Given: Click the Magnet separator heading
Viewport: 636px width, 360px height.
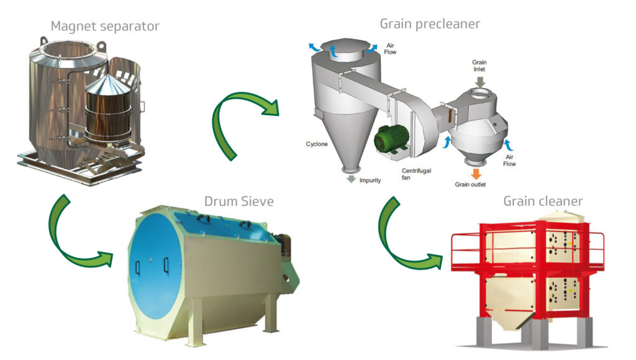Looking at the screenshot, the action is click(105, 26).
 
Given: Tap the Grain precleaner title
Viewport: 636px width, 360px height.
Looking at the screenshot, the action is click(430, 24).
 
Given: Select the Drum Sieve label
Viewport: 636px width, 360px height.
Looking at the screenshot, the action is click(239, 201).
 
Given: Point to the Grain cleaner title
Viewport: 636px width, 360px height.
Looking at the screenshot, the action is click(543, 201).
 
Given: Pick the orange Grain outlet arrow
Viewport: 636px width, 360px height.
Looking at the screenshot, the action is click(476, 174).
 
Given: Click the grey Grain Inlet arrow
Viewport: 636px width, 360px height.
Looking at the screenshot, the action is click(480, 81).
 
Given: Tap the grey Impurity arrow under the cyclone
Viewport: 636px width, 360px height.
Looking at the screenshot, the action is click(352, 179).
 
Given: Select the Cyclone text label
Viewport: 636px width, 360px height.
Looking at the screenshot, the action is click(317, 144).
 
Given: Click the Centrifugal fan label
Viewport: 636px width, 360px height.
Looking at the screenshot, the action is click(416, 174).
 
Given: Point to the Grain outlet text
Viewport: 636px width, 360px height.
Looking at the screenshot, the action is click(470, 184).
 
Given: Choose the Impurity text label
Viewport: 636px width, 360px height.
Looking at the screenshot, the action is click(370, 181).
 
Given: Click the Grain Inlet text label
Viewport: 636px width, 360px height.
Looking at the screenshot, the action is click(479, 66).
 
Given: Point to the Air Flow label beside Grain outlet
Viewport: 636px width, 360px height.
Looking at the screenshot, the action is click(509, 160).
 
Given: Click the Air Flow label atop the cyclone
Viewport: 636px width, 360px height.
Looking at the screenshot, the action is click(390, 48).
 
